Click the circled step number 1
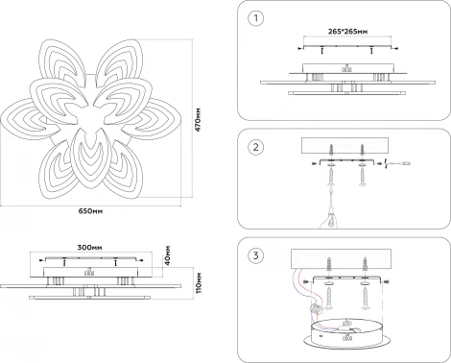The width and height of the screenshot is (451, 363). point(256,18)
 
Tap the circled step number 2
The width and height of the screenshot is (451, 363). point(256,147)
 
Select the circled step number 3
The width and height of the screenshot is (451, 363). point(256,255)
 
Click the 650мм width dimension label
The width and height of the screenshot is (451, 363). point(91,211)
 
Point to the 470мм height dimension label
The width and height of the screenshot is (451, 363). point(199,119)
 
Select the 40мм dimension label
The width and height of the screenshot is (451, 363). point(167,255)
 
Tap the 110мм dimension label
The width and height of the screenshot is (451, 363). point(199,283)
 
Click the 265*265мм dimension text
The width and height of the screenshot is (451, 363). point(347,32)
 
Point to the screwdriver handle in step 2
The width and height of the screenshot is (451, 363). point(330,219)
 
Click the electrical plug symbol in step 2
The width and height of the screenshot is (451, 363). point(405,163)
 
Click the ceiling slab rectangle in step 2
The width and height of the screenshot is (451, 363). point(344,146)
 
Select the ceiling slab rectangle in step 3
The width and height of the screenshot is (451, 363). point(341,259)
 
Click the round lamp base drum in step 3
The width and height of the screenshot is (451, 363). point(345,334)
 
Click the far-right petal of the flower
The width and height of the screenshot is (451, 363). point(156,119)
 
